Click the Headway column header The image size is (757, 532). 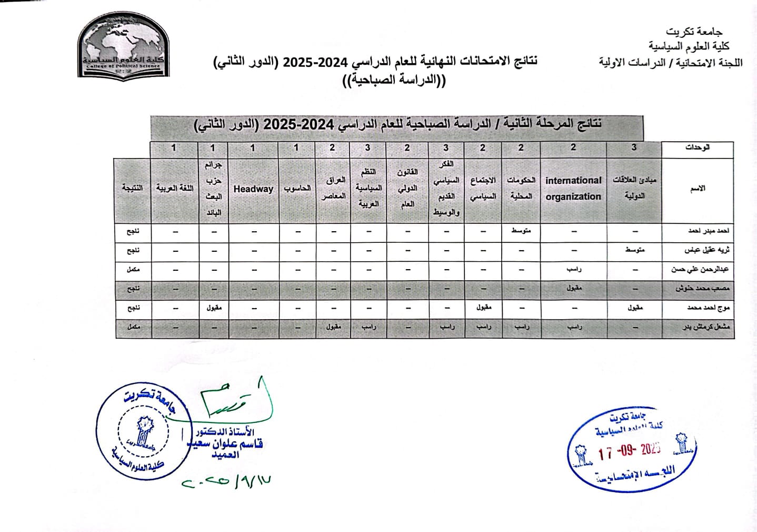click(253, 189)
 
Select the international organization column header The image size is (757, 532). click(573, 188)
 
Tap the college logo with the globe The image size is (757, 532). click(124, 47)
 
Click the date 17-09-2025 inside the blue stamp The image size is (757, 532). click(629, 451)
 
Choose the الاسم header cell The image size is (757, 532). click(698, 189)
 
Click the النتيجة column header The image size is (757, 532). click(132, 188)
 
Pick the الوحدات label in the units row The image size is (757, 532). click(698, 148)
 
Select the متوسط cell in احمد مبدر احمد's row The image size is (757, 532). click(521, 231)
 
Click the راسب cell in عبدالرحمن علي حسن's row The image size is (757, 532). click(574, 269)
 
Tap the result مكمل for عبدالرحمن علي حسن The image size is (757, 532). click(133, 269)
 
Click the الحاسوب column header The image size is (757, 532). click(297, 189)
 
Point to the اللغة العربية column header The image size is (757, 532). click(175, 188)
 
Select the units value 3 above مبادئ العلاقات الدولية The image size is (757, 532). click(634, 148)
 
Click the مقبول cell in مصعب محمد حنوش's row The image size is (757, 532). click(574, 289)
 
